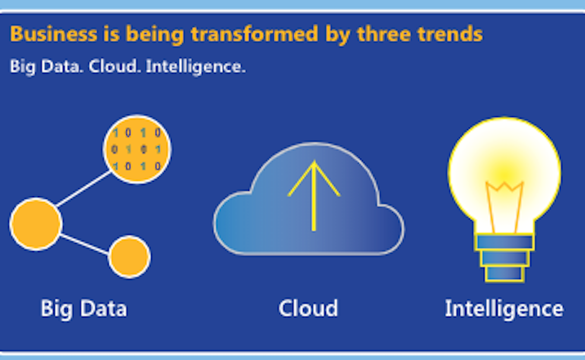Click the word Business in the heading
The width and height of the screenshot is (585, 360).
coord(54,34)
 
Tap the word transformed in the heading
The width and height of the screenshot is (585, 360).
coord(254,34)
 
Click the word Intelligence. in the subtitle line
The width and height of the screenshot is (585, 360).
coord(195,67)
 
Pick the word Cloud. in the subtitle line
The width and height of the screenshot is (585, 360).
coord(115,67)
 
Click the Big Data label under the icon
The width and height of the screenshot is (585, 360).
coord(84,309)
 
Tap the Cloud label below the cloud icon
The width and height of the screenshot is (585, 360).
coord(308,308)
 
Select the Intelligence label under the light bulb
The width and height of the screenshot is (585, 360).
coord(504,309)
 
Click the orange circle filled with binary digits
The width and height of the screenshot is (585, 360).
coord(137,149)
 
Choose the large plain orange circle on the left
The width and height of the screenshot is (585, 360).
coord(36,224)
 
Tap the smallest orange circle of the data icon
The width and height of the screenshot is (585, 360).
coord(129,257)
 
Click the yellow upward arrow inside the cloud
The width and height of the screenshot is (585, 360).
coord(314,196)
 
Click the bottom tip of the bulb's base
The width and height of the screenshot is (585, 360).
coord(504,281)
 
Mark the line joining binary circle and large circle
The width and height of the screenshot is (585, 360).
coord(83,188)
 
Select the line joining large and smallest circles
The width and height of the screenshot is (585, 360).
coord(85,245)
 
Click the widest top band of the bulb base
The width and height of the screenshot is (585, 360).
coord(504,242)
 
